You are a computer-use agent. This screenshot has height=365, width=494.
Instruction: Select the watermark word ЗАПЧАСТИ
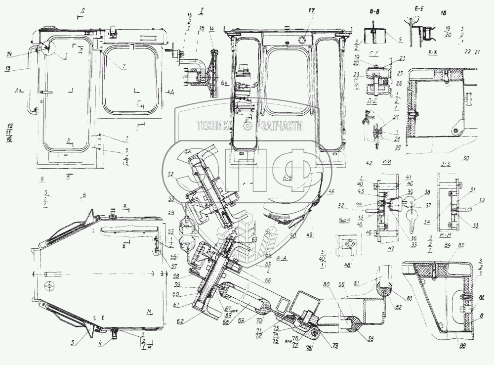[x=282, y=126]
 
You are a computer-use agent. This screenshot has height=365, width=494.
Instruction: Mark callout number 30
[x=464, y=159]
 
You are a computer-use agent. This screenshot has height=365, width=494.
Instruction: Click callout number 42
[x=369, y=163]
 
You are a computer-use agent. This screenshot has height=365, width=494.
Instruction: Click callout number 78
[x=309, y=348]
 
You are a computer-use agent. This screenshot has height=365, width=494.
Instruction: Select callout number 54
[x=185, y=212]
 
